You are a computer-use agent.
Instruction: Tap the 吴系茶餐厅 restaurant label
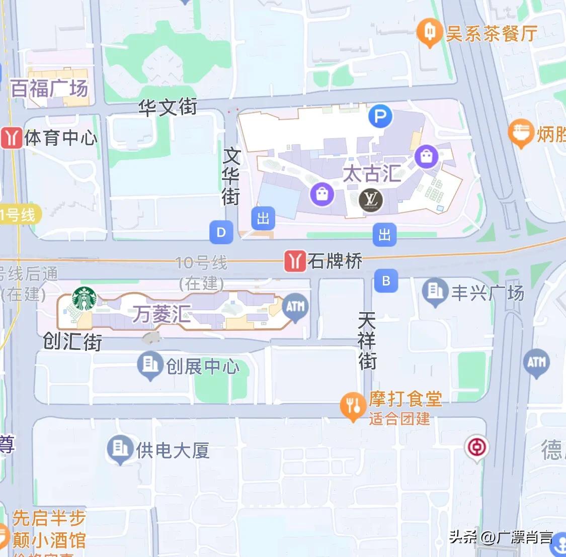click(491, 34)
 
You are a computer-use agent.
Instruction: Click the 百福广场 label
click(49, 89)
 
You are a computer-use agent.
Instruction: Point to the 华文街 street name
click(168, 107)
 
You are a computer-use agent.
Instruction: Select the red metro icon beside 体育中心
click(11, 138)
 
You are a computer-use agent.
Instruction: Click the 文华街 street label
click(231, 176)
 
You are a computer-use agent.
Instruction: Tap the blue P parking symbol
click(380, 117)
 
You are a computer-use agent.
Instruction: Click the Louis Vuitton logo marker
click(371, 200)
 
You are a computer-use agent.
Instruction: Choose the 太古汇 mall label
click(372, 174)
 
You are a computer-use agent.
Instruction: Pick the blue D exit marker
click(221, 232)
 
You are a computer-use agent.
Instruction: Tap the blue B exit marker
click(386, 281)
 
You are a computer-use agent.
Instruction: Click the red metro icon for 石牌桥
click(295, 261)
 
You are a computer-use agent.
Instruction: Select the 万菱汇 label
click(161, 315)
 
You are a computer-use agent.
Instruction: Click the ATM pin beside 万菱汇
click(295, 307)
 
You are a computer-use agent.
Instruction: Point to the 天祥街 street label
click(367, 340)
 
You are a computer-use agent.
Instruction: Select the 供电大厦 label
click(173, 450)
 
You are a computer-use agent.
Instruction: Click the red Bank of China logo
click(475, 446)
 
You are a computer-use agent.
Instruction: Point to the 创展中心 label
click(202, 366)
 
